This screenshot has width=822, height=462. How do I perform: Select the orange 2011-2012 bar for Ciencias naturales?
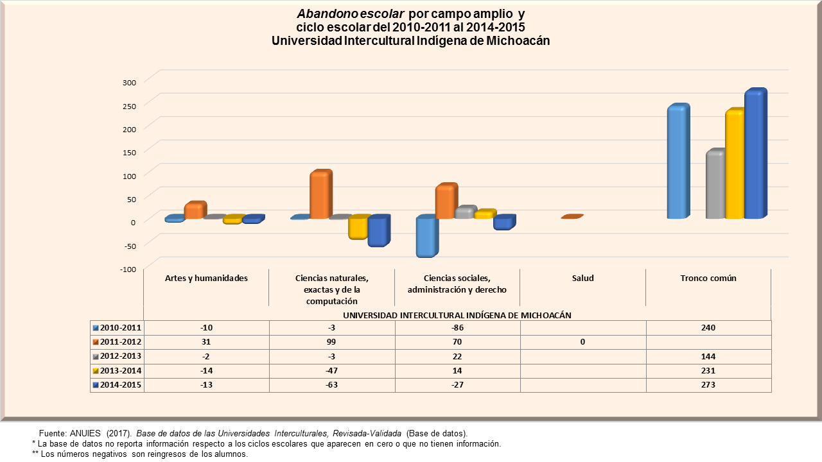(320, 195)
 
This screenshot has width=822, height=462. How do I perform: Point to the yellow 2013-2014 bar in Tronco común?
(734, 165)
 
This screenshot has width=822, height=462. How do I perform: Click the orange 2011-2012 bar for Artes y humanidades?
(194, 210)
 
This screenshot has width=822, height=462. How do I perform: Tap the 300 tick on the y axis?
(129, 82)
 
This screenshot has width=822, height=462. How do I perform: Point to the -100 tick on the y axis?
(128, 269)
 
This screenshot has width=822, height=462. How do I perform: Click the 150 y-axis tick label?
(129, 152)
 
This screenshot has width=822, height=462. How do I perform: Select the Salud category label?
(582, 278)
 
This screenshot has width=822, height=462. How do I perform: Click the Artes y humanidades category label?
(206, 278)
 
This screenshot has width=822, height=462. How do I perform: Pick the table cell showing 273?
(708, 385)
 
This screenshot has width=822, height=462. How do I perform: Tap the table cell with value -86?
(457, 328)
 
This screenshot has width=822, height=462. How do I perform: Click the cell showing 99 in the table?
(331, 342)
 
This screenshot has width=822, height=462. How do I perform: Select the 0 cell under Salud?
(582, 342)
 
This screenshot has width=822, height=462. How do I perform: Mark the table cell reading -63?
(331, 385)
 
